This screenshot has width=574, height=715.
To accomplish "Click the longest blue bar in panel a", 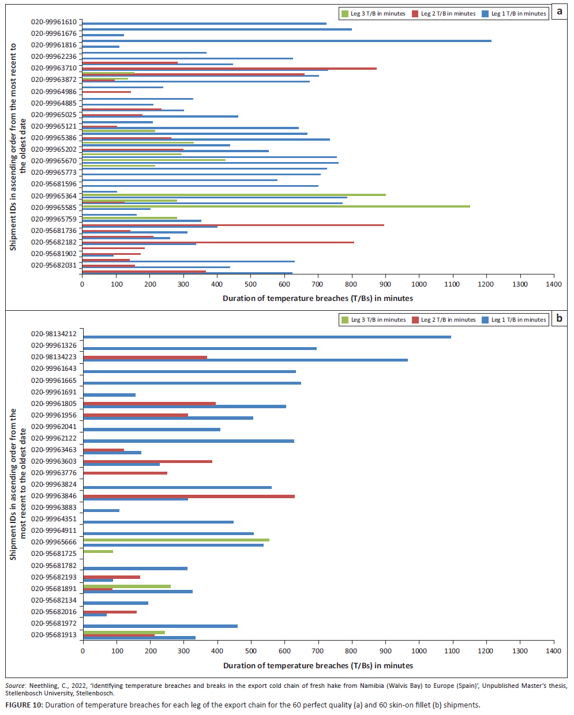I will click(x=287, y=41).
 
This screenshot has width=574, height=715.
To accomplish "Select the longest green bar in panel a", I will click(x=276, y=206).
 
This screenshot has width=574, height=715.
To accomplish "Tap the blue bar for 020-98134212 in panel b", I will click(x=267, y=337).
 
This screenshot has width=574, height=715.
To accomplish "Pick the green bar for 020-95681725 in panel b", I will click(x=98, y=552).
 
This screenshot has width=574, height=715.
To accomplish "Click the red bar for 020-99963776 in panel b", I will click(x=125, y=473).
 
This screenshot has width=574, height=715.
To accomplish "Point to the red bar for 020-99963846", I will click(x=189, y=496).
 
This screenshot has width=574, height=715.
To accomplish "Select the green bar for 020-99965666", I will click(x=176, y=540).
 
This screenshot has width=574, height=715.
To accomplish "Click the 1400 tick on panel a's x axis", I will click(x=553, y=284).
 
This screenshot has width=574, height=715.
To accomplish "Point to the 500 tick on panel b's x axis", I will click(x=251, y=651).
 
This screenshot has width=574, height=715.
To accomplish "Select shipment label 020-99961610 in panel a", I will click(x=54, y=22).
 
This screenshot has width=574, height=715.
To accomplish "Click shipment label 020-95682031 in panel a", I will click(x=54, y=265).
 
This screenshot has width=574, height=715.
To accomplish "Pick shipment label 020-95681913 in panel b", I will click(x=54, y=635).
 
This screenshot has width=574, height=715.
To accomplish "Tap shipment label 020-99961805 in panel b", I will click(x=54, y=404).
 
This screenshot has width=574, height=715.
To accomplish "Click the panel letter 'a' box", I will click(x=559, y=12).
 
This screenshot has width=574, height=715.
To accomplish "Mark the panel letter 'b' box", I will click(x=559, y=318).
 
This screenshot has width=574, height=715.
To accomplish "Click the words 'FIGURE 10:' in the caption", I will click(x=24, y=705).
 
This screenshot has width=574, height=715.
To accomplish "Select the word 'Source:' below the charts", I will click(x=16, y=686).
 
